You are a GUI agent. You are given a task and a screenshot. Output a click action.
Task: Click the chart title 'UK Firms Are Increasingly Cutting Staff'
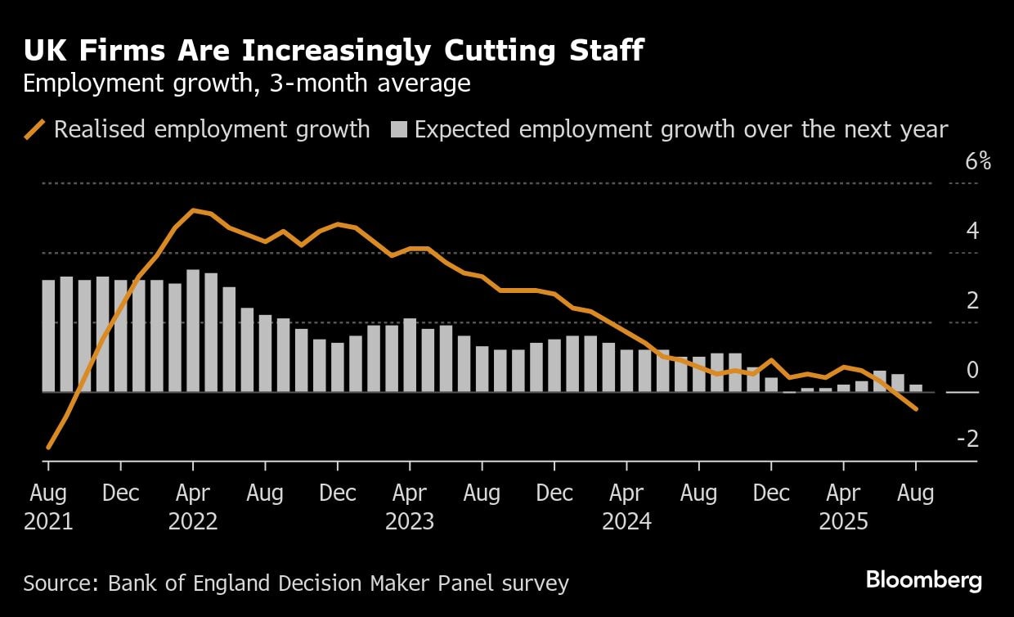333,52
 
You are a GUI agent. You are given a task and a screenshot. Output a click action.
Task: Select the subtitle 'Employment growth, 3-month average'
246,83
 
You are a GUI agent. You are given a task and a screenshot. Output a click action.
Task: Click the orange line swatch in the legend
35,129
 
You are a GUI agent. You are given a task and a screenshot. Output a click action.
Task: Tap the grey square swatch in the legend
398,129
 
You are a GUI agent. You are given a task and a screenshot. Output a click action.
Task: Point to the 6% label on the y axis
977,162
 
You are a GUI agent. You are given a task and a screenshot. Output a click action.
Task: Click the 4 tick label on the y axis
972,231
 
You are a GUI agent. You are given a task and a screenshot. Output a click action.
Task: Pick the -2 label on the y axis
968,439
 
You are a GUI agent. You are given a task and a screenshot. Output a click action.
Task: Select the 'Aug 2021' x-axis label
48,507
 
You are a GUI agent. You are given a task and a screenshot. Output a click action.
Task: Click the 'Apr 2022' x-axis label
193,507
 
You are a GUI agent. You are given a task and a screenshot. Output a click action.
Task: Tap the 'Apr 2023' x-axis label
410,507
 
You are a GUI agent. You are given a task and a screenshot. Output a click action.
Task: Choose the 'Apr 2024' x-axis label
626,507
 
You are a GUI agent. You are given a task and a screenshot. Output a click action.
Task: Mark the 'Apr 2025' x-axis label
843,507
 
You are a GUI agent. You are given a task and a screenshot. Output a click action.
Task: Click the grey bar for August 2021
48,336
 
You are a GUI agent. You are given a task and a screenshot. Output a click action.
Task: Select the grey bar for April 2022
193,331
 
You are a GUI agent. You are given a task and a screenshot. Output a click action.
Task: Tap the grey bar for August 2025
916,388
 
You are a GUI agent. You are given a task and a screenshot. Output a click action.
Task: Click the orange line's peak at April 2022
193,210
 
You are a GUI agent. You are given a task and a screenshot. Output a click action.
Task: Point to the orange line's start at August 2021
48,448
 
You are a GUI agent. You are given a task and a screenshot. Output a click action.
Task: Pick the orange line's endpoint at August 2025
916,409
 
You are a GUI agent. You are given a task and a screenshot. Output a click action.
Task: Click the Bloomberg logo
923,581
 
